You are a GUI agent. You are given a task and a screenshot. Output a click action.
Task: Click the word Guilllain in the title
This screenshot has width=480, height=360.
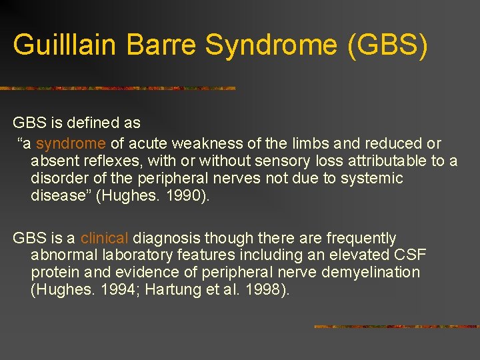[x=61, y=45]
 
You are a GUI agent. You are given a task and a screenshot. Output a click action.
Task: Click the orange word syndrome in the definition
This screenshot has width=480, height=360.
[x=71, y=143]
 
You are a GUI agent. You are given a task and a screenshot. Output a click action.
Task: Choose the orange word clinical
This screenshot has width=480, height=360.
[x=105, y=238]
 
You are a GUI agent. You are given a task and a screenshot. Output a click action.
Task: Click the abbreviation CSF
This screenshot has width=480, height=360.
[x=411, y=255]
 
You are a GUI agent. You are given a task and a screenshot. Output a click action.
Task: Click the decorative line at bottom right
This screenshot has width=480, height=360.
[x=396, y=327]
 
